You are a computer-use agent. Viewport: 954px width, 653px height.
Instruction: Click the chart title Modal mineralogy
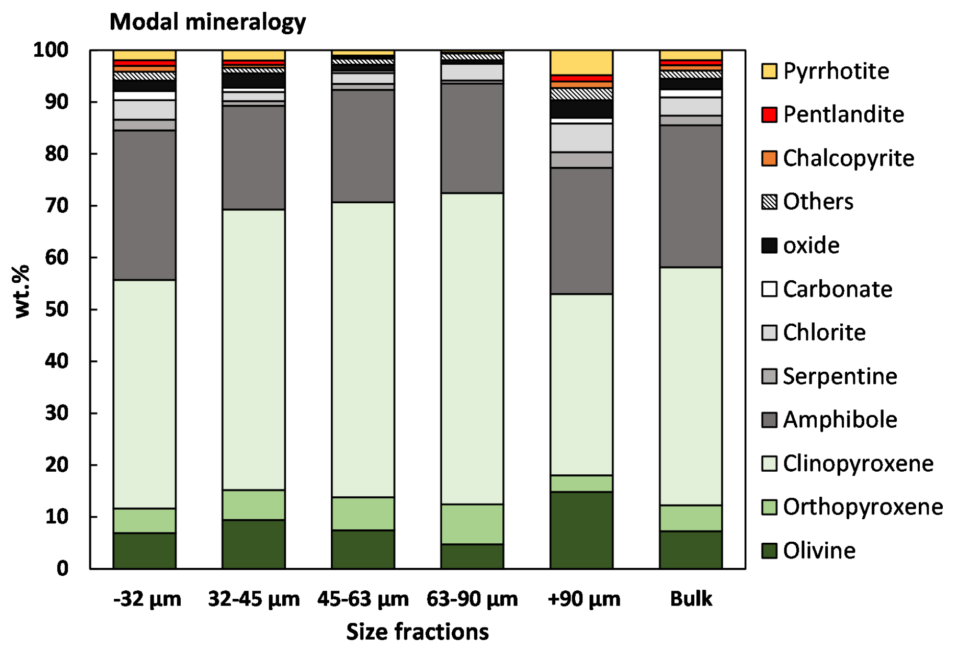207,22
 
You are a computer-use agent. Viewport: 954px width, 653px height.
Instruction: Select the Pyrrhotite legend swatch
769,71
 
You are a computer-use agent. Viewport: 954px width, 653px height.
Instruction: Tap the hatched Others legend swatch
769,202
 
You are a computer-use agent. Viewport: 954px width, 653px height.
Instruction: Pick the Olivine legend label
819,551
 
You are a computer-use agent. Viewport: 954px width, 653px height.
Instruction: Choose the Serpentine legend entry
839,377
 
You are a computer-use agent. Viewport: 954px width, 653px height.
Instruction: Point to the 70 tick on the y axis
57,206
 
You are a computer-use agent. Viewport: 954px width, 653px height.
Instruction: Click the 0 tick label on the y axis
62,568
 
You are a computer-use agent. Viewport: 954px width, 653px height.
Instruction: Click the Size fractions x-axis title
417,632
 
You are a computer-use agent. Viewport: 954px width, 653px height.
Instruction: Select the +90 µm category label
583,599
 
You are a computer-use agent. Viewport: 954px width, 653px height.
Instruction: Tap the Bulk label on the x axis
691,599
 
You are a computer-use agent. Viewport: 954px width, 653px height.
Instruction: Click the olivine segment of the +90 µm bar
581,530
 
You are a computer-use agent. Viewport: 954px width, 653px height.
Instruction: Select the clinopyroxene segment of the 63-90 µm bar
472,348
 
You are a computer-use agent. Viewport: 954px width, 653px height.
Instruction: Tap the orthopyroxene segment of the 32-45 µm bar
254,505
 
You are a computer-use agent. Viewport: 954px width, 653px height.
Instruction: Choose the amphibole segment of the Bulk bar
691,197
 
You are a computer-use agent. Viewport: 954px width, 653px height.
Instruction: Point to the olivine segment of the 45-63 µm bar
363,549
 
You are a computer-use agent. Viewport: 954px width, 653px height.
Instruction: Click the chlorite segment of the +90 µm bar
581,138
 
